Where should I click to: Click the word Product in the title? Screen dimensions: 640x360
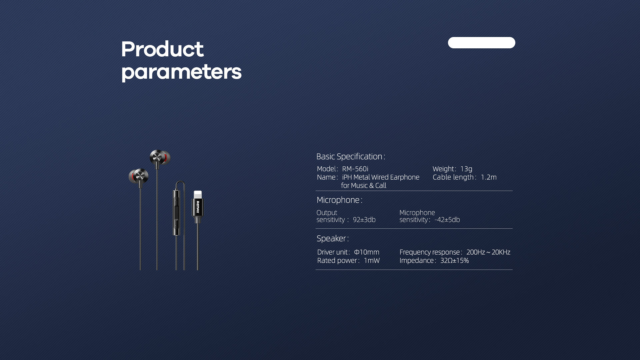(x=162, y=49)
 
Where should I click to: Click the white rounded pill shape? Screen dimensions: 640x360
(x=481, y=43)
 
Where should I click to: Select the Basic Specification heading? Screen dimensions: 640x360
(x=351, y=156)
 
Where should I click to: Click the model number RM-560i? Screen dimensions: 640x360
(x=355, y=169)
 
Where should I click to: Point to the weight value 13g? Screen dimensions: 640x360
(x=466, y=169)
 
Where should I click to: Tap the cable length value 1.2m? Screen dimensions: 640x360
(x=488, y=177)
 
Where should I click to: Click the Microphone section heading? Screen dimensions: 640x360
(x=339, y=200)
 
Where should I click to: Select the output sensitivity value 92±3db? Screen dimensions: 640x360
(x=364, y=220)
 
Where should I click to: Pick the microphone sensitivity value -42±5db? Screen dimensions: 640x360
(x=447, y=220)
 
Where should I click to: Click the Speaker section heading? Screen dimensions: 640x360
(x=333, y=238)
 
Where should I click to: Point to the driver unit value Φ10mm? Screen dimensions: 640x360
(x=366, y=252)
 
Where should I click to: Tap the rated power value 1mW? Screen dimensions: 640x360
(x=372, y=260)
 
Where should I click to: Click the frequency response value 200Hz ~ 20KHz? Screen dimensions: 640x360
(x=488, y=252)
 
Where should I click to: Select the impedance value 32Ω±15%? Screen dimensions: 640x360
(x=454, y=260)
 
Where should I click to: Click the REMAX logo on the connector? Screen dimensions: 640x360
(x=198, y=207)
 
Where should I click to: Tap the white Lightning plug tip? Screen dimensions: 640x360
(x=198, y=195)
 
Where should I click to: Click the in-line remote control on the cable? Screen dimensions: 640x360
(x=176, y=213)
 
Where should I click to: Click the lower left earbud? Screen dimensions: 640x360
(x=139, y=177)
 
